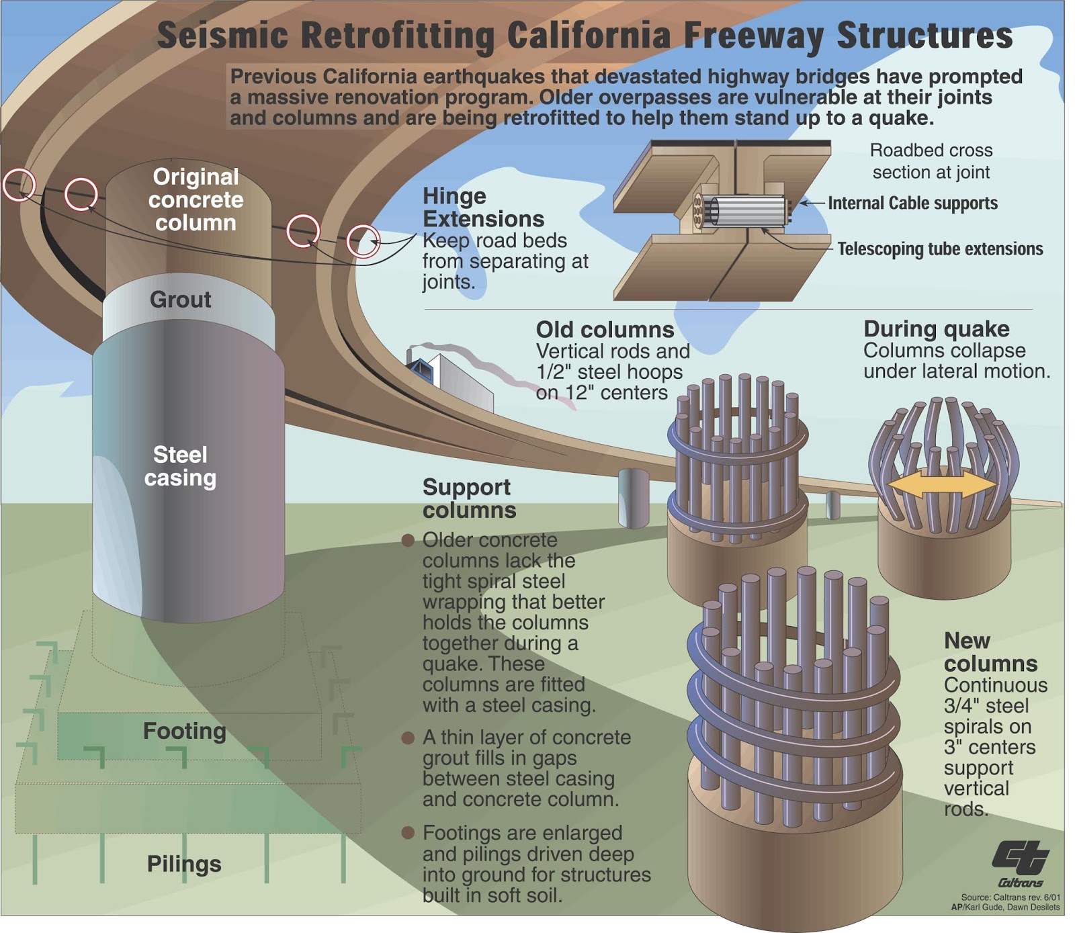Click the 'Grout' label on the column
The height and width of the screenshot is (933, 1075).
[x=180, y=300]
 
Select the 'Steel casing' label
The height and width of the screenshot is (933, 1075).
[x=180, y=466]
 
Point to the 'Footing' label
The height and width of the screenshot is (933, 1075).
[x=184, y=731]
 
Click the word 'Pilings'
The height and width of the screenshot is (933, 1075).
[x=184, y=864]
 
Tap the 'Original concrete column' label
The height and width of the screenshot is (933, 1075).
[x=196, y=199]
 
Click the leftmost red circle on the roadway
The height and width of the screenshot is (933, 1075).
[x=19, y=184]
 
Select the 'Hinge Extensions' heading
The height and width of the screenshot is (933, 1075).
[x=482, y=208]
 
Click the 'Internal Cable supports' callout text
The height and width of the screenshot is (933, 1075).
[x=912, y=203]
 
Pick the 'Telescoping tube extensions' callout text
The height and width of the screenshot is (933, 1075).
[x=939, y=249]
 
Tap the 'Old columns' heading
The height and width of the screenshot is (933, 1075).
[x=605, y=330]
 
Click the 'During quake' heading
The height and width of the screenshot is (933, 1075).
[x=936, y=329]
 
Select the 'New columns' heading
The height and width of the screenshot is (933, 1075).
[x=990, y=652]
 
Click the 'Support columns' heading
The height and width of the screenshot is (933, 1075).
[x=468, y=498]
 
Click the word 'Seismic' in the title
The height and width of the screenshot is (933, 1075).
[x=222, y=36]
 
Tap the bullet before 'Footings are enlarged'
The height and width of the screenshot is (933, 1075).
[x=407, y=833]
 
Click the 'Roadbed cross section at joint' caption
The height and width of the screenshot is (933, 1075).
[x=931, y=161]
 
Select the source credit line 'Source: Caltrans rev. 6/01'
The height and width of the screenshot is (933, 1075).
[x=1010, y=897]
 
